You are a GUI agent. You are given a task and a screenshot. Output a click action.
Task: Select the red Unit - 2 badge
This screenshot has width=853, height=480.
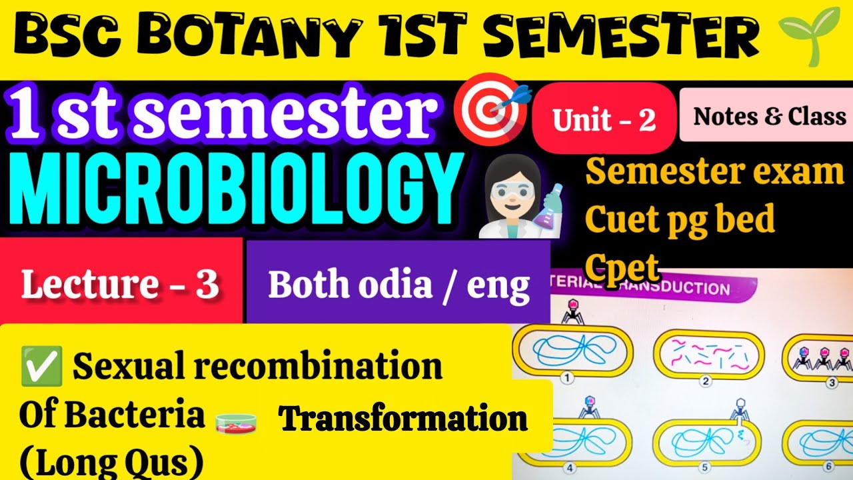point(604,119)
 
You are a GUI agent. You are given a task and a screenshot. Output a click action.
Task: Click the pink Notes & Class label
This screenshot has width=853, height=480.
point(769,117)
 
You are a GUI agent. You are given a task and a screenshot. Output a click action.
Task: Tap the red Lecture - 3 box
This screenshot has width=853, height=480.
point(121,285)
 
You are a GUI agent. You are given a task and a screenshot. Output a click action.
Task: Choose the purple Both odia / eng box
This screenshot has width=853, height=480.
point(399,285)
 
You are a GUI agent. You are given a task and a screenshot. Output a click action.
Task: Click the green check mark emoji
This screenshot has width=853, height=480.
point(42,365)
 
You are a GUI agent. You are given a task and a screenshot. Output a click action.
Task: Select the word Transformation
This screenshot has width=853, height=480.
point(403,420)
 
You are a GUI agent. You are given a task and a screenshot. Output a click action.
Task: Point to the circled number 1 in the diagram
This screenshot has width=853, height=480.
point(567,379)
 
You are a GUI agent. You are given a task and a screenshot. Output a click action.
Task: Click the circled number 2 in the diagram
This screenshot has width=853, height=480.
point(705,382)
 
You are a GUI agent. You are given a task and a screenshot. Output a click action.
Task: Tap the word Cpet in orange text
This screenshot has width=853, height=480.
point(622,267)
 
